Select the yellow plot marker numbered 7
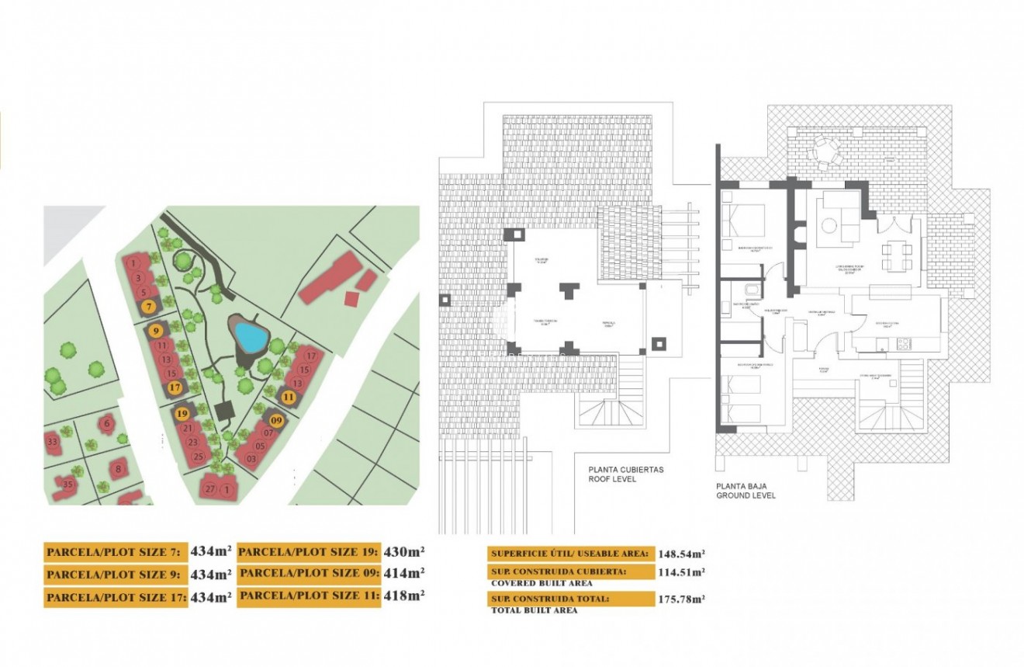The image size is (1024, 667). click(149, 307)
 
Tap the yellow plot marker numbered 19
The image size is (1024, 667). click(182, 414)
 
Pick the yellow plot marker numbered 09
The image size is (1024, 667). click(277, 420)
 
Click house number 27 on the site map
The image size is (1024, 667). click(209, 489)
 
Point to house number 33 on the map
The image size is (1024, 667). click(52, 442)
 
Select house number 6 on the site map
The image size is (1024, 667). click(107, 423)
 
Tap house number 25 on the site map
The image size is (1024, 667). click(198, 457)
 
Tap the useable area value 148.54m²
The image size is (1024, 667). click(682, 554)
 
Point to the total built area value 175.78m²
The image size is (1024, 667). click(682, 599)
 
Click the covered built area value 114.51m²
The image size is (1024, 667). click(682, 572)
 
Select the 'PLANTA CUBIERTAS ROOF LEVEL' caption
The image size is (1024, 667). click(624, 474)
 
